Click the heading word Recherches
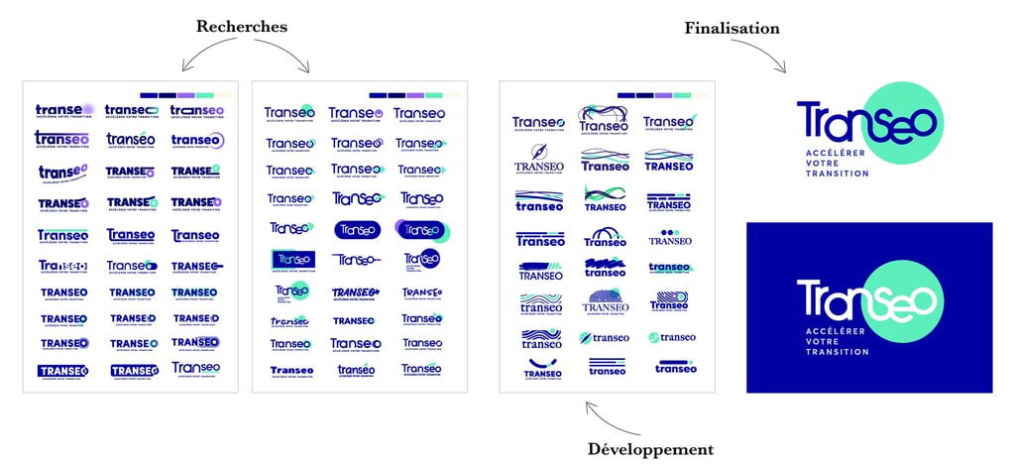point(241,27)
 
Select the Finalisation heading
point(732,28)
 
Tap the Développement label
point(650,449)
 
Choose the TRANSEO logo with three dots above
point(670,237)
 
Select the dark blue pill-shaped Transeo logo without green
point(357,229)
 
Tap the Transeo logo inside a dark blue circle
point(422,260)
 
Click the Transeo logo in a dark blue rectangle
point(292,260)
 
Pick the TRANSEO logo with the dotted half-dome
point(605,300)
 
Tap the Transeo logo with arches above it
point(605,237)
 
